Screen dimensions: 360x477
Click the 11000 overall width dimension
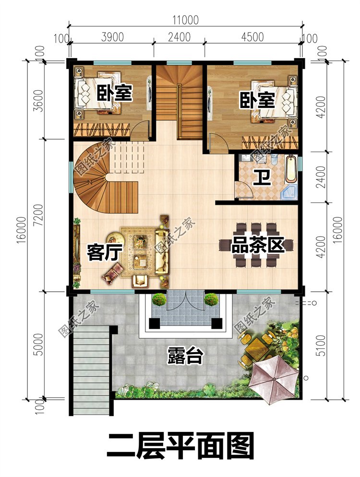(185, 20)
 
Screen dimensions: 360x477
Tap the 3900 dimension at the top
(112, 37)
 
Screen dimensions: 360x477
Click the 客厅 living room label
(104, 252)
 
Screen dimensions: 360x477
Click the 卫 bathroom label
(262, 178)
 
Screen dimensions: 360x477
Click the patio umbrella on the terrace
(273, 380)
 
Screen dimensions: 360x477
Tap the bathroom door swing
(243, 190)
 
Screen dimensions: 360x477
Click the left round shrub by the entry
(159, 299)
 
